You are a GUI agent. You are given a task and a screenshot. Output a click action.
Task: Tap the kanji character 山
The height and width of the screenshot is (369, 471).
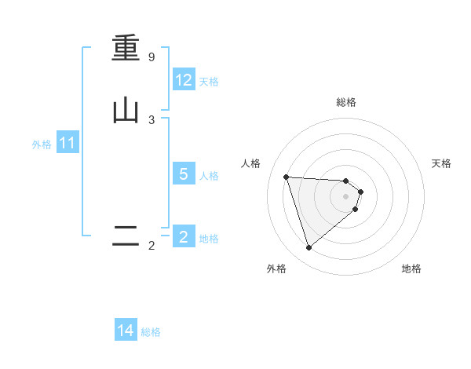tap(126, 111)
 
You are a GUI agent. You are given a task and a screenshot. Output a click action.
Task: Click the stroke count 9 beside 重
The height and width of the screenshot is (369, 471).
tap(152, 57)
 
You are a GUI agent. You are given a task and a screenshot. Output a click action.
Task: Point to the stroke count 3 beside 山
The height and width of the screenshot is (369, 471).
tap(152, 119)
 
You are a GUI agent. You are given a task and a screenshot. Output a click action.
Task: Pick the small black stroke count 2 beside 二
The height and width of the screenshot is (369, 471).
tap(152, 246)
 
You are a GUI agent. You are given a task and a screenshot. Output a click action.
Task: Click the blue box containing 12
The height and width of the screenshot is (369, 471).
tap(184, 80)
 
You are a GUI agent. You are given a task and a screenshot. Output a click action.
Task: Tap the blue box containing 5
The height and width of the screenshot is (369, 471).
tap(184, 174)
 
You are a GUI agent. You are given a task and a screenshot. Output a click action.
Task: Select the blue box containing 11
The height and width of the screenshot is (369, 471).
tap(68, 143)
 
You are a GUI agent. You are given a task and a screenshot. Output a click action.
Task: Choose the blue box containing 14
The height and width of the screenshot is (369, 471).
tap(126, 331)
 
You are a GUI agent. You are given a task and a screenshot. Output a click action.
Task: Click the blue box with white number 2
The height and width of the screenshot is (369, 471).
tap(184, 236)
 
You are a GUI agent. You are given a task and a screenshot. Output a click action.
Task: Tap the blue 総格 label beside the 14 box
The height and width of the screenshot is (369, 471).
tap(151, 332)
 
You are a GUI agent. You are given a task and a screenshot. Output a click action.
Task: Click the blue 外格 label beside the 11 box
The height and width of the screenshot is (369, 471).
tap(42, 144)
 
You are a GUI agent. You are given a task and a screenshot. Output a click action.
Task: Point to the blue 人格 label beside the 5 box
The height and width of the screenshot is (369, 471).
tap(210, 175)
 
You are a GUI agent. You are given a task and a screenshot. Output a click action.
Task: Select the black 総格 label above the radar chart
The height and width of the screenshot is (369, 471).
tap(346, 102)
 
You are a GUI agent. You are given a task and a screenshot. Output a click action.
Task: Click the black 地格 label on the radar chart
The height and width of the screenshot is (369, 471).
tap(411, 269)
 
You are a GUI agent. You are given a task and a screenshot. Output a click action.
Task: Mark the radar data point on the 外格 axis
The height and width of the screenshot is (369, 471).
tap(309, 248)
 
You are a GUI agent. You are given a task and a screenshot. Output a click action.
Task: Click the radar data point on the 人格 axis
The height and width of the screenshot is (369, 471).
tap(287, 177)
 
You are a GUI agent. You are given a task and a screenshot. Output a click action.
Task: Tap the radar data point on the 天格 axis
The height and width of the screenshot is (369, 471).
tap(360, 192)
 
